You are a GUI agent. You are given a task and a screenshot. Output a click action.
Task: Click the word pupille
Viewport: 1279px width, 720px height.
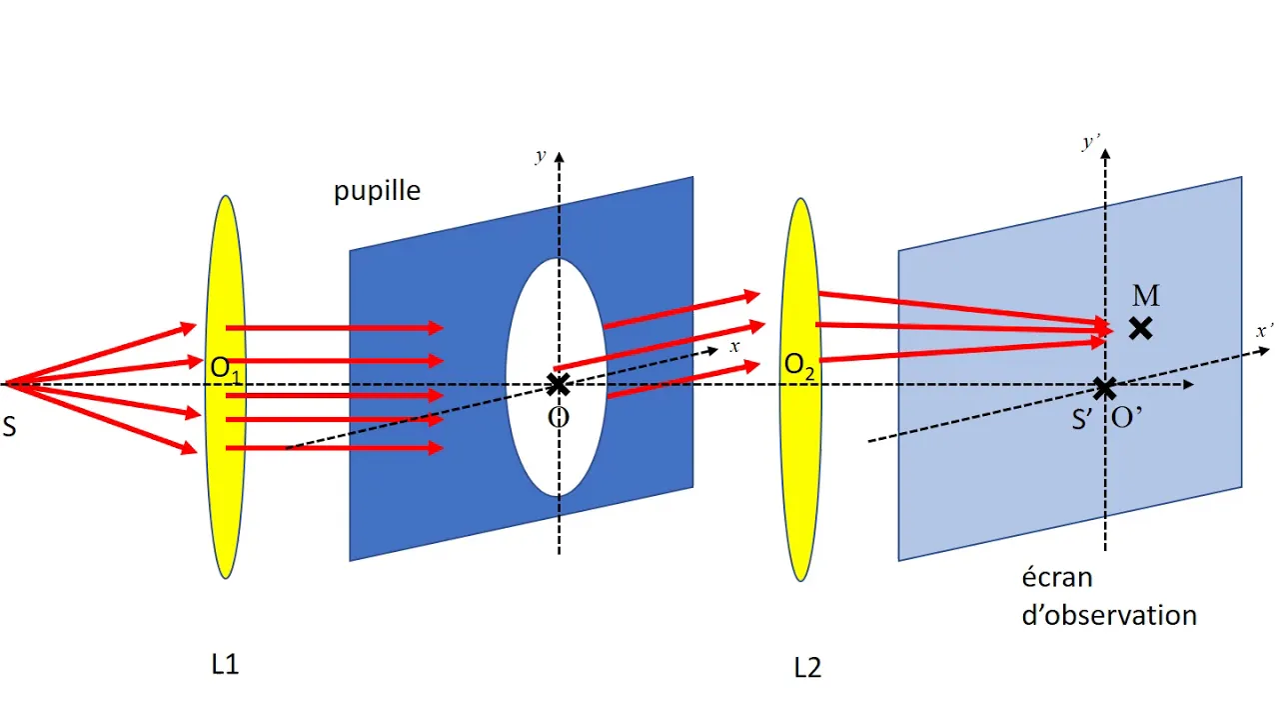point(377,192)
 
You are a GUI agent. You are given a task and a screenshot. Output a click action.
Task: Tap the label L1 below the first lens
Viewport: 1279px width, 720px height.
point(225,664)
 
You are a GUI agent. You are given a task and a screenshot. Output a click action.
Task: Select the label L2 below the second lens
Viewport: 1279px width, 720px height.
point(807,667)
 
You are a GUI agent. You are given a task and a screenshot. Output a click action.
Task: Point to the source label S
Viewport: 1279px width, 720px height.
point(9,427)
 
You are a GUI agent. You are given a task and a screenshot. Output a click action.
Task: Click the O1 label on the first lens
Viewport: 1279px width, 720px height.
point(226,370)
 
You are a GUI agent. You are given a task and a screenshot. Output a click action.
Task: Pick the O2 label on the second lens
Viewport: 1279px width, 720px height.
point(799,366)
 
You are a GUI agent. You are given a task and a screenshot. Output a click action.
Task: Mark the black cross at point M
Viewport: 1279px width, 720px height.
point(1140,329)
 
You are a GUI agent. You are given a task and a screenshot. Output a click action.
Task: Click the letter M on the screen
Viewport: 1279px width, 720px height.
point(1146,295)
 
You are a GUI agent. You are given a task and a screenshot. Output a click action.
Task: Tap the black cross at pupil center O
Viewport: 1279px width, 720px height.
point(558,385)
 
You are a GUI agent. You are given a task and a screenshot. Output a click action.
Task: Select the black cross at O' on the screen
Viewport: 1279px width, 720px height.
point(1105,389)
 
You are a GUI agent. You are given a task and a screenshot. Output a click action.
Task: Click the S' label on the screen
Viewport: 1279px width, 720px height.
point(1082,419)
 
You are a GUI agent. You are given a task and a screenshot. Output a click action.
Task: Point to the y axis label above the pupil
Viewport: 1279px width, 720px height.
point(541,155)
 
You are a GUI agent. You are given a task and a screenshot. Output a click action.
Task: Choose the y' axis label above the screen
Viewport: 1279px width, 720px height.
point(1090,142)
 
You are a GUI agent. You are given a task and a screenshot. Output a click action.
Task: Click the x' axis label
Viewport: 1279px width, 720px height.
point(1264,331)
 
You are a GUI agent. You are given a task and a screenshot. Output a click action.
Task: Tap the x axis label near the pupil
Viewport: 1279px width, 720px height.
point(734,346)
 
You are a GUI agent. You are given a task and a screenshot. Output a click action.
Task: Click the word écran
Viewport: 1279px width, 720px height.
point(1057,578)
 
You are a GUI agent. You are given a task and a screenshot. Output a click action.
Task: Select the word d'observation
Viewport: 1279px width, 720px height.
point(1109,616)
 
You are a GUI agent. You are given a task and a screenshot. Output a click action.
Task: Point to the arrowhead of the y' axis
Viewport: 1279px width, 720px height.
point(1105,153)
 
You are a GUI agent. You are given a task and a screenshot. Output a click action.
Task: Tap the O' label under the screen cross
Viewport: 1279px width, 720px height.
point(1126,419)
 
